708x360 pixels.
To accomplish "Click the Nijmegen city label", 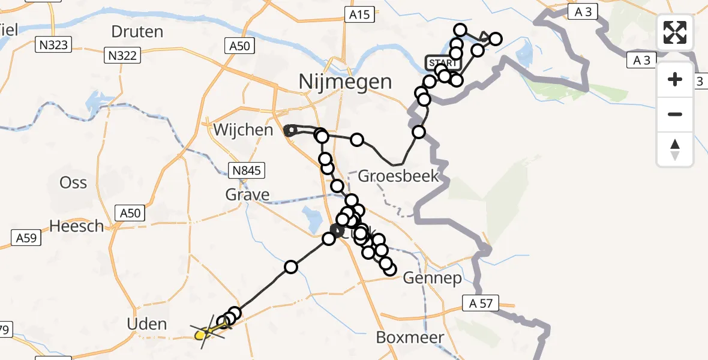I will tap(346, 81).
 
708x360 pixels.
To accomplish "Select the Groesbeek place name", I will tap(398, 176).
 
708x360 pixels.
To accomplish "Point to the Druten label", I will tap(137, 31).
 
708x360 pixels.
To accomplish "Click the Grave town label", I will tap(248, 194).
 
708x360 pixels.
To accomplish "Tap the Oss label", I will tap(73, 182).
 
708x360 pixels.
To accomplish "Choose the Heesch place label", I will tap(77, 226).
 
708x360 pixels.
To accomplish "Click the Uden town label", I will tap(148, 324).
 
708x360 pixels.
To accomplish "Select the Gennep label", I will tap(432, 278).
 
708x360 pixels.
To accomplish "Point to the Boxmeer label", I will tap(410, 337).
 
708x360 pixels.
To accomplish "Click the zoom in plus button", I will tap(675, 79).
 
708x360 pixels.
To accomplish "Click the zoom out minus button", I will tap(675, 114).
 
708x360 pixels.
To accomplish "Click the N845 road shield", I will tap(247, 170).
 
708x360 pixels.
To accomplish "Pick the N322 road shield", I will tap(122, 56).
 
